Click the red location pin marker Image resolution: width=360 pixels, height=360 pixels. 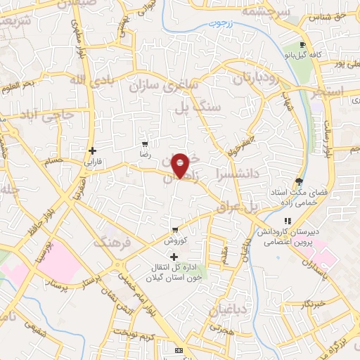point(181,165)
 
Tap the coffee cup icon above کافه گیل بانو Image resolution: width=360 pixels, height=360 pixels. point(302,43)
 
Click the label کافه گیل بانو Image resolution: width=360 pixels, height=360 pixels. point(302,53)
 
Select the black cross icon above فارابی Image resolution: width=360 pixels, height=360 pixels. point(93,150)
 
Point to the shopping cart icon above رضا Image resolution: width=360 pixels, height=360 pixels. point(145,143)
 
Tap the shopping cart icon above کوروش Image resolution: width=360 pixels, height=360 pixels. point(175,230)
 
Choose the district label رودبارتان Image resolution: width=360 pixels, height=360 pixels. point(261,76)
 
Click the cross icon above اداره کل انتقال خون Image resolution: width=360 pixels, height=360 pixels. point(174,257)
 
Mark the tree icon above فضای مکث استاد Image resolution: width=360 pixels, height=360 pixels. point(300,182)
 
